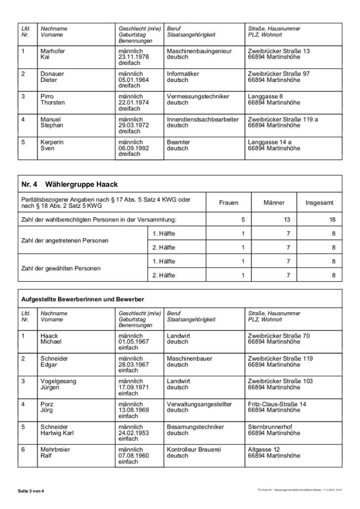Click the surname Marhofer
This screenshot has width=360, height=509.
[53, 51]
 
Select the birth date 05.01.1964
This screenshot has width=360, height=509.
[133, 80]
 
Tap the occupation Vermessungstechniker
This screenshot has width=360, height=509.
[198, 96]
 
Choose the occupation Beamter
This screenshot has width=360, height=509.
[179, 142]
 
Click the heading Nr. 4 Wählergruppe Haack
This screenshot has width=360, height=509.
[70, 184]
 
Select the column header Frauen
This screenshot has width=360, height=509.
[229, 203]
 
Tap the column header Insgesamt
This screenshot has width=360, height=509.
[320, 203]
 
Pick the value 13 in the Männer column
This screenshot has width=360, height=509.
[287, 220]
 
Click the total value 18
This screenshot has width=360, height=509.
[332, 220]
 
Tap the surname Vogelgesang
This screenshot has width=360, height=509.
[58, 381]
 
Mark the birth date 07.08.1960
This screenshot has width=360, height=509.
[133, 455]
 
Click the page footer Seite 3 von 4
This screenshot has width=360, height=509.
[31, 490]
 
